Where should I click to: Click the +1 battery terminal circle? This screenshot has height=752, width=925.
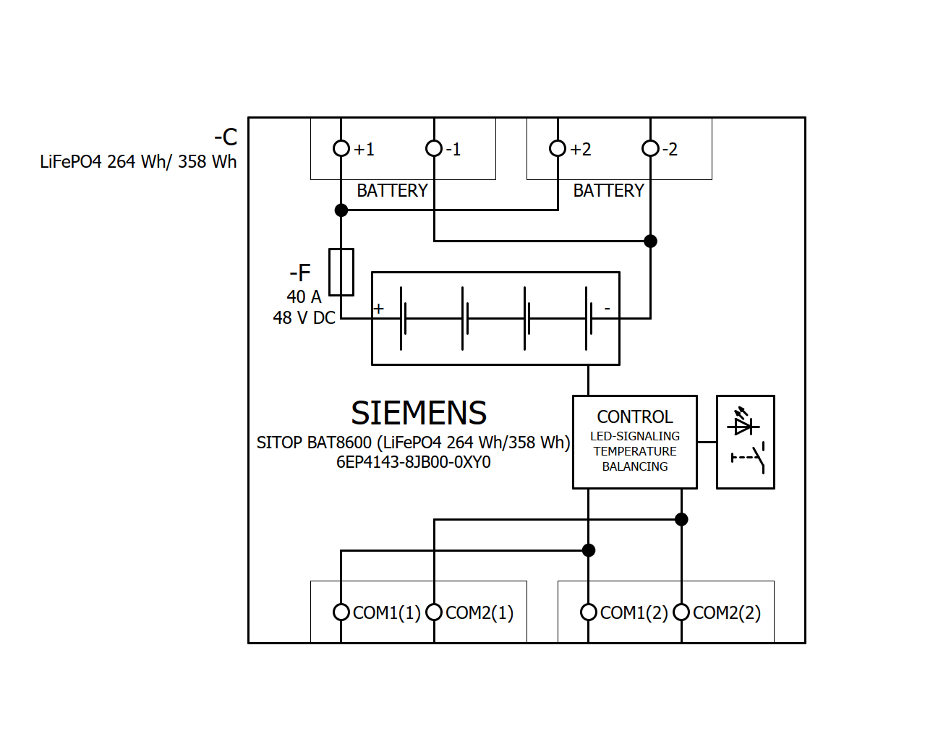click(x=341, y=148)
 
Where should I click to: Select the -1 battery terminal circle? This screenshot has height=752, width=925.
click(x=434, y=148)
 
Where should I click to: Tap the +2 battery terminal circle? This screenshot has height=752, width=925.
click(x=558, y=148)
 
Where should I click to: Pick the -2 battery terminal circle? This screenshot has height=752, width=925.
click(x=650, y=148)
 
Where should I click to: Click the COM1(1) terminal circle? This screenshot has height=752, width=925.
click(x=341, y=612)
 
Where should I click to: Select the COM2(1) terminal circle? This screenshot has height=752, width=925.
click(x=434, y=612)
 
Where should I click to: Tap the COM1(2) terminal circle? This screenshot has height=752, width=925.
click(x=589, y=612)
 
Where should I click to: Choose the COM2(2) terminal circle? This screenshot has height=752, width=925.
click(x=681, y=612)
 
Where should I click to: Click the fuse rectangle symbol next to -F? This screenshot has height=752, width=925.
click(x=341, y=272)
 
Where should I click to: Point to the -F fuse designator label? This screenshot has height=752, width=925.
click(x=300, y=273)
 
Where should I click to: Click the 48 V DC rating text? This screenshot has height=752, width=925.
click(x=304, y=318)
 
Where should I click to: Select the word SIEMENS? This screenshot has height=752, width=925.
click(x=419, y=414)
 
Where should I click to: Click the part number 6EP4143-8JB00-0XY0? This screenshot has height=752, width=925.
click(x=413, y=463)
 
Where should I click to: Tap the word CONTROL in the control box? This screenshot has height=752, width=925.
click(x=635, y=417)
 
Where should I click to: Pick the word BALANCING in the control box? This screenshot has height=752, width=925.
click(x=635, y=467)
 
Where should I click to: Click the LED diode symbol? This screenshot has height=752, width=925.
click(x=744, y=423)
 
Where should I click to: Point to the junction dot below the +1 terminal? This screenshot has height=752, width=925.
click(x=341, y=210)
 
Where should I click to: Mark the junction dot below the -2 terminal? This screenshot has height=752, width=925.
click(x=650, y=241)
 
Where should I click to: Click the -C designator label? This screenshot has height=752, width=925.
click(x=226, y=137)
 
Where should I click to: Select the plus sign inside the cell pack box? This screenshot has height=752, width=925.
click(x=378, y=309)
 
